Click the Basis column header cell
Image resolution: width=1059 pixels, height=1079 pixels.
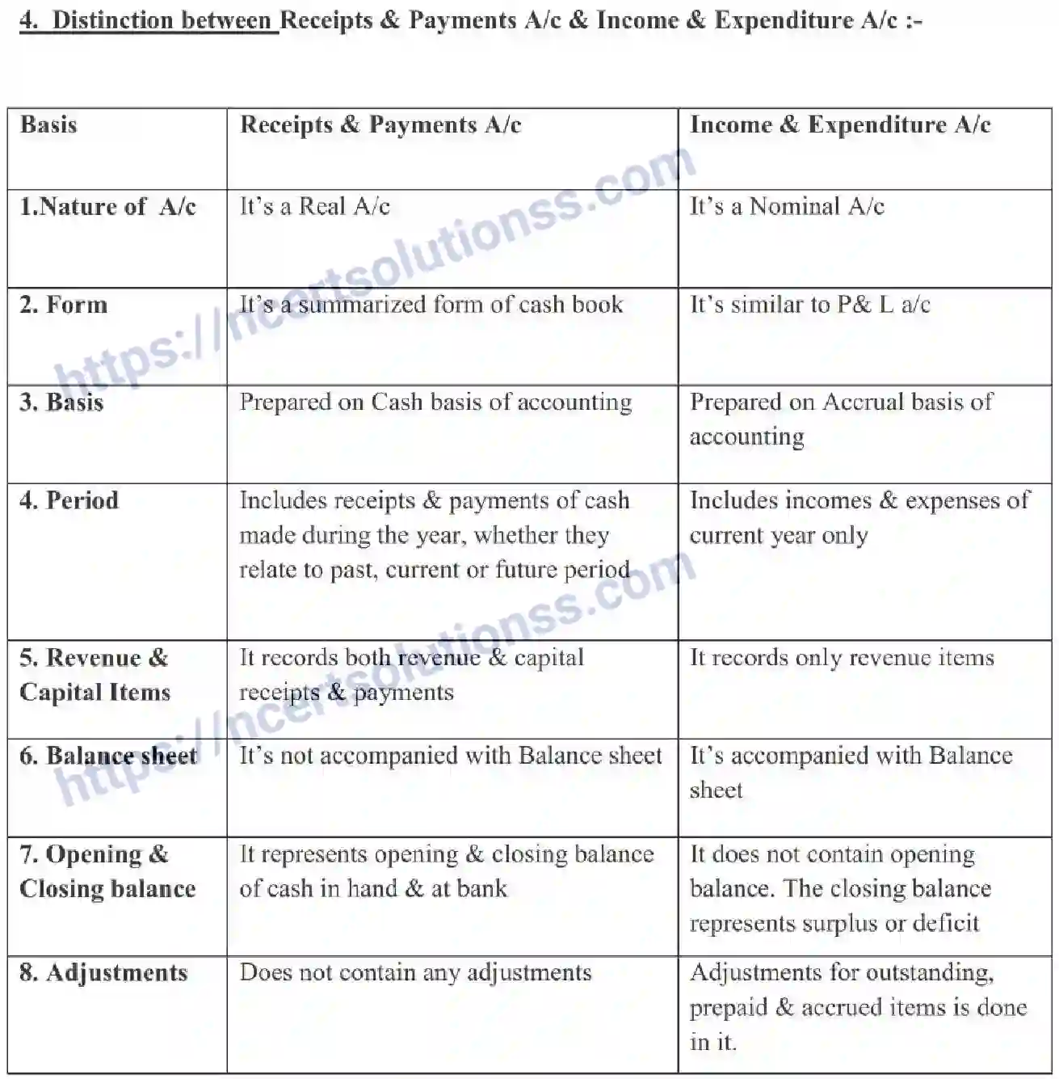tap(48, 125)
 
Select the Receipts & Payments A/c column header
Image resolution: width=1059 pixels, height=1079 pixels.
tap(380, 125)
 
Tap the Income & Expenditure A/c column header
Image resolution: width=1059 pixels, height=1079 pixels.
tap(840, 125)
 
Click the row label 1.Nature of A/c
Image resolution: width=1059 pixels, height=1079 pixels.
tap(107, 207)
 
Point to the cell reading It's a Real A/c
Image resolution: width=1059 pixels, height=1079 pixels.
tap(315, 207)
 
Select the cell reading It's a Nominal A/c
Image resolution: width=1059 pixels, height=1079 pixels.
tap(787, 207)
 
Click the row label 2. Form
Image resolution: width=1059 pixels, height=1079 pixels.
tap(63, 306)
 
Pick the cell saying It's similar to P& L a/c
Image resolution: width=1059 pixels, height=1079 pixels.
tap(809, 306)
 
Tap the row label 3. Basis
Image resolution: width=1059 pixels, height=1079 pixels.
tap(61, 403)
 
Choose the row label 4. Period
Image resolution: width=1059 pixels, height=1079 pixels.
tap(69, 501)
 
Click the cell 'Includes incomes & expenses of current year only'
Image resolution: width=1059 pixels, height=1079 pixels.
tap(859, 517)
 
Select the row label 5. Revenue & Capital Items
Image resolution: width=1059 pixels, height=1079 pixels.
tap(95, 675)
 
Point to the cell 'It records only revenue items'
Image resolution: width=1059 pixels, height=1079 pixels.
tap(842, 658)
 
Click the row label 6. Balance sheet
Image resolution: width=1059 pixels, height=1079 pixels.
tap(108, 757)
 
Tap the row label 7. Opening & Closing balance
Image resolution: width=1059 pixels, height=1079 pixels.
tap(107, 871)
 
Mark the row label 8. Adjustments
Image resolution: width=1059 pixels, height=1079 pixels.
tap(103, 973)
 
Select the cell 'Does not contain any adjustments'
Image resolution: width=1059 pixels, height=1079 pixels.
tap(415, 973)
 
